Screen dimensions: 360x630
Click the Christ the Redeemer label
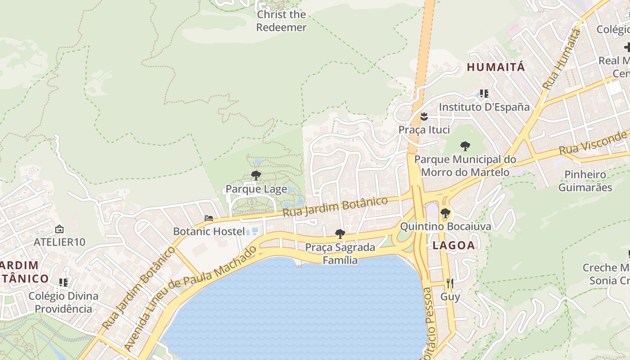pos(281,21)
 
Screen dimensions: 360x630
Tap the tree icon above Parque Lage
pos(256,175)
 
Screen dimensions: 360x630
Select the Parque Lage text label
pos(256,189)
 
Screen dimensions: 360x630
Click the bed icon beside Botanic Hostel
pos(209,218)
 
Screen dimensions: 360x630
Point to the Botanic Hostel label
pos(209,232)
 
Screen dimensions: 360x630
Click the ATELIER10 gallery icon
pos(59,229)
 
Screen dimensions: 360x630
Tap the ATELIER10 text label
pos(59,242)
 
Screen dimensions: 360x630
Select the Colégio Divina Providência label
pos(63,302)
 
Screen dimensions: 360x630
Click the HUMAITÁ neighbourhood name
pos(496,67)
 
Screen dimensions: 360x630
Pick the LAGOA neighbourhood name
pos(454,245)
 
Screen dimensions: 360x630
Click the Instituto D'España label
pos(484,107)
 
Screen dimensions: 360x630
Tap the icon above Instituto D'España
pos(484,94)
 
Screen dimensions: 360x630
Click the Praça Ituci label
pos(424,130)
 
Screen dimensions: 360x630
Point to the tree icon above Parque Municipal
pos(465,146)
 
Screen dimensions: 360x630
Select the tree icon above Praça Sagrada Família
pos(340,234)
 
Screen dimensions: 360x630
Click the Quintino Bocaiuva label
pos(445,226)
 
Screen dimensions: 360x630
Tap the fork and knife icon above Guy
pos(450,283)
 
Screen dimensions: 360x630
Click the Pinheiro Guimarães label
pos(585,181)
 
